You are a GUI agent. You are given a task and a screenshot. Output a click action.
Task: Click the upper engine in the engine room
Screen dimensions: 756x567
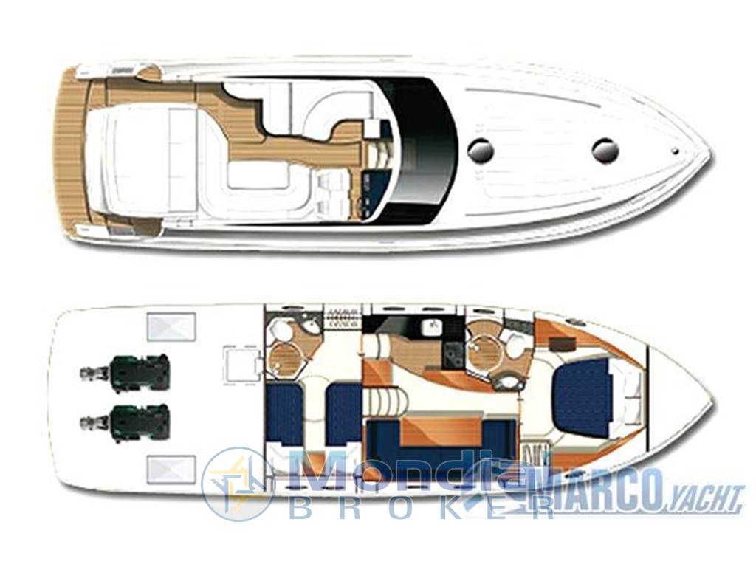(126, 372)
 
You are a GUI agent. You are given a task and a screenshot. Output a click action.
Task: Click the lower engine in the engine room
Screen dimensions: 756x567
(126, 422)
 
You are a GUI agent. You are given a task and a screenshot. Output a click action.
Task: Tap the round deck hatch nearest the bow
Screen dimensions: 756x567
(605, 150)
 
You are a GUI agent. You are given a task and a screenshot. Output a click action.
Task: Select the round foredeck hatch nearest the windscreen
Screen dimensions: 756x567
(481, 150)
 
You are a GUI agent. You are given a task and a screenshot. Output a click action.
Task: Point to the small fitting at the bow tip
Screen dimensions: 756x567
(676, 151)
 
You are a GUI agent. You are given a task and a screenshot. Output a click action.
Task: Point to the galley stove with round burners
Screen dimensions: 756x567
(453, 354)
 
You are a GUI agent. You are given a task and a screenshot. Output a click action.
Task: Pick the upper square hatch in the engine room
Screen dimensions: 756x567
(171, 326)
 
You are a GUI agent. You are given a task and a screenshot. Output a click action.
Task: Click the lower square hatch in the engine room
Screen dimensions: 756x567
(171, 469)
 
